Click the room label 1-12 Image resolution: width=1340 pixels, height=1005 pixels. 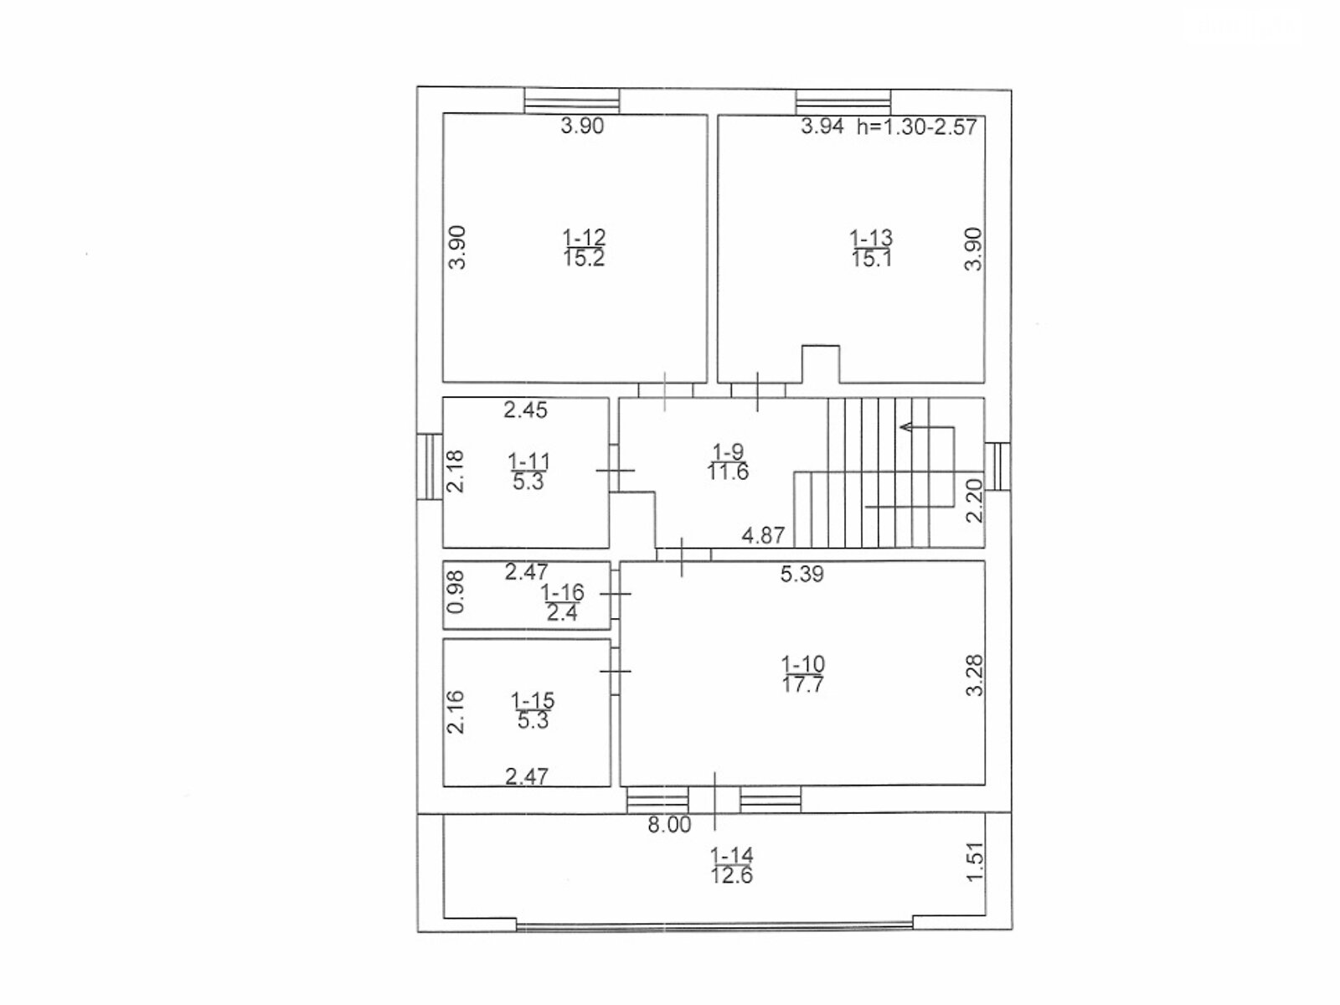point(584,238)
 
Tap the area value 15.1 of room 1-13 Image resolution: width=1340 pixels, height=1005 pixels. point(871,259)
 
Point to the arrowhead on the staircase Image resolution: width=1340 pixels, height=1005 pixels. point(905,428)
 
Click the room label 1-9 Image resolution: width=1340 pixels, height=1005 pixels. point(727,451)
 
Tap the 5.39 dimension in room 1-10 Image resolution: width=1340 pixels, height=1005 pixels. point(801,575)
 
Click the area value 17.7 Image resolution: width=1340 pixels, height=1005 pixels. point(803,684)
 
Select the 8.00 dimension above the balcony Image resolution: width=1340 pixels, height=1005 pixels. point(669,826)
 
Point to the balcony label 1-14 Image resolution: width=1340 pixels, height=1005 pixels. point(732,856)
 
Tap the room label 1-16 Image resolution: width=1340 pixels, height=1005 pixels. point(562,593)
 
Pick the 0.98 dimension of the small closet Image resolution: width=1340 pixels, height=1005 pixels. point(456,593)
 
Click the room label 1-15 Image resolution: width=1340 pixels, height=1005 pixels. point(533,700)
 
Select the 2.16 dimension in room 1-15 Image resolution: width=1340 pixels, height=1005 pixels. point(456,712)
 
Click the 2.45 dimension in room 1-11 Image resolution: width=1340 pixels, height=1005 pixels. point(525,410)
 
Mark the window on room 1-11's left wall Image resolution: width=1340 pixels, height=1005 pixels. point(430,466)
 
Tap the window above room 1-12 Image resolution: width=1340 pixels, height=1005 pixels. point(572,100)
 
